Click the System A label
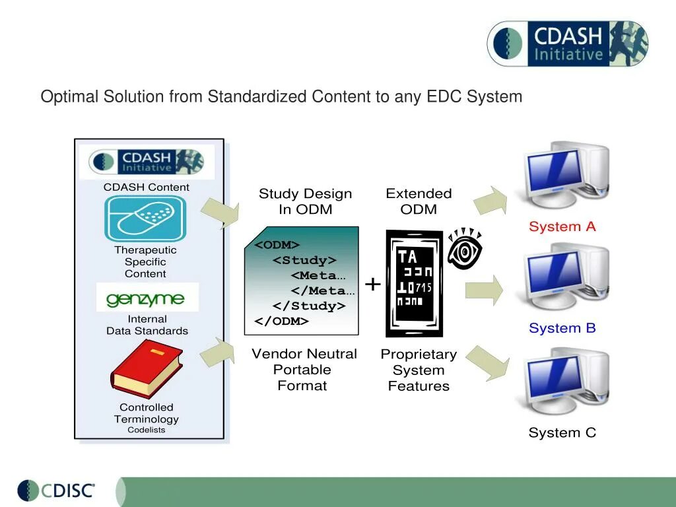(562, 226)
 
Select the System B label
(562, 328)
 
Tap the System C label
(562, 432)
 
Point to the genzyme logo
(146, 298)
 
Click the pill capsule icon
(146, 219)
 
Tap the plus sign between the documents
(373, 285)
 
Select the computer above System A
(566, 174)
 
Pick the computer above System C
(566, 383)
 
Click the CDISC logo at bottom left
(57, 490)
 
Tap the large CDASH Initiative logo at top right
(568, 44)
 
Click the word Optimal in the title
(69, 97)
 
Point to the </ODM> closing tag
(282, 321)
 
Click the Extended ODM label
(419, 201)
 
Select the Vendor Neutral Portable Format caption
(304, 370)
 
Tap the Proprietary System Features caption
(419, 370)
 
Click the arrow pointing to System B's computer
(484, 290)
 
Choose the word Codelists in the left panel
(147, 430)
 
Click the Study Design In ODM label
(305, 201)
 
